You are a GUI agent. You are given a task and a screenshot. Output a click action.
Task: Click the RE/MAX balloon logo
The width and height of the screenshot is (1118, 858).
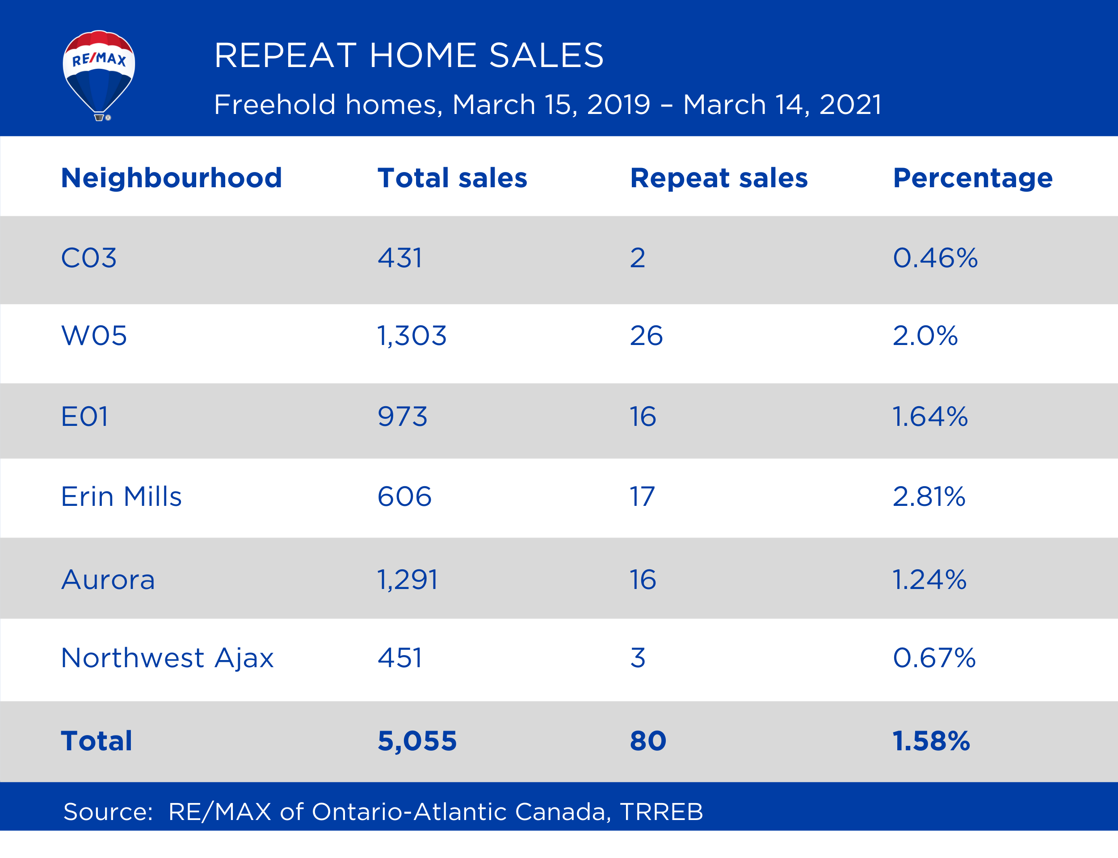tap(99, 75)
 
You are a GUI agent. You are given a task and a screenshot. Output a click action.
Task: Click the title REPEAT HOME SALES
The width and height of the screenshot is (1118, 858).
tap(408, 55)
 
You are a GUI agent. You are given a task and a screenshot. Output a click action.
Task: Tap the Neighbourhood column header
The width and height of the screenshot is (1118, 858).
tap(171, 178)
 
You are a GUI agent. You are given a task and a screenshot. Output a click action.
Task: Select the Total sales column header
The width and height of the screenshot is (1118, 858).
tap(452, 178)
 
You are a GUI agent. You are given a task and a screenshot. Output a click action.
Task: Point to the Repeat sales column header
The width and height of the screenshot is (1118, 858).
tap(719, 178)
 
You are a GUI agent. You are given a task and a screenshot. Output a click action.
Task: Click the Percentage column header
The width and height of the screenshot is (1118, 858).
tap(972, 178)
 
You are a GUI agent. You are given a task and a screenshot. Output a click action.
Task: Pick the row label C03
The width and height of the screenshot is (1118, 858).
tap(89, 258)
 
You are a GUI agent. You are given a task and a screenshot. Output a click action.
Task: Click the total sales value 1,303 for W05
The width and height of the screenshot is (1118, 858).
tap(412, 336)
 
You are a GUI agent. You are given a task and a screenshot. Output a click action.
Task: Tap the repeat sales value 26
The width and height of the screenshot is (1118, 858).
tap(646, 336)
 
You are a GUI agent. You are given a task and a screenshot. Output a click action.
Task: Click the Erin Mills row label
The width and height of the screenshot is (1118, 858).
tap(121, 496)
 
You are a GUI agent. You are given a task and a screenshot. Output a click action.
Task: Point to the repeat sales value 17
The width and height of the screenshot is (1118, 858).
tap(642, 496)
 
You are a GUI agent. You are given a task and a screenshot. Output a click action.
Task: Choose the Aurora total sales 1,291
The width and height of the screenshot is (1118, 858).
tap(407, 580)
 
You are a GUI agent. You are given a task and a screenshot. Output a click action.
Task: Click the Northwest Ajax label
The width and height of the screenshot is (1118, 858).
tap(167, 658)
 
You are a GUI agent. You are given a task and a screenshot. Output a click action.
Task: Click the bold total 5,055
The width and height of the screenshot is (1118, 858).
tap(417, 741)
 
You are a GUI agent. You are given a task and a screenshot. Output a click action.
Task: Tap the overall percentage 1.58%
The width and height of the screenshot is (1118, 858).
tap(931, 741)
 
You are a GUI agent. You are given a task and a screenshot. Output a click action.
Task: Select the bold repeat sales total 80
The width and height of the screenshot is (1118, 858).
tap(647, 741)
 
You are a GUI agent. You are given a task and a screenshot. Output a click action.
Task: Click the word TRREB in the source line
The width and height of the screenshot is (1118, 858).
tap(661, 812)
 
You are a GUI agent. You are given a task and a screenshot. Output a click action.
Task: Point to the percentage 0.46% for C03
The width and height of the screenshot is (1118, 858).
tap(935, 258)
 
